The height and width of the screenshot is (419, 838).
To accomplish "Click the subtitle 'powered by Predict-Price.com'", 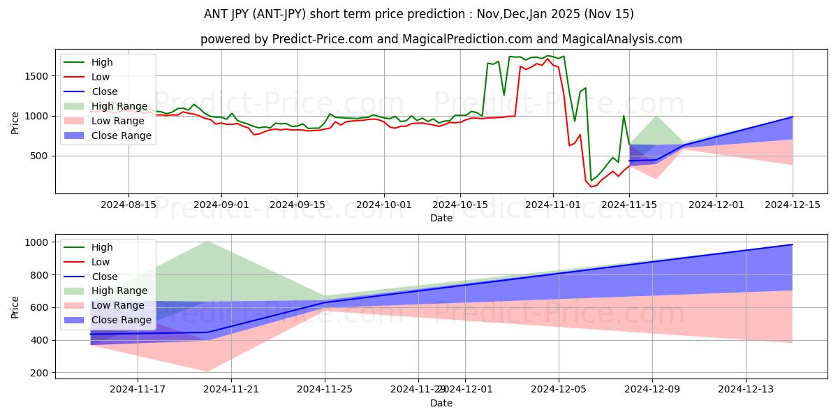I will [441, 40].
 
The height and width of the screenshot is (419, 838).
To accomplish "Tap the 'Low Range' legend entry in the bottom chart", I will [119, 305].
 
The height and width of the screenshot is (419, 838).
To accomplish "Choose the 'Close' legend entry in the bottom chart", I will [105, 277].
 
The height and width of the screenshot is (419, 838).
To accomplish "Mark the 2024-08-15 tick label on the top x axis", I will [128, 205].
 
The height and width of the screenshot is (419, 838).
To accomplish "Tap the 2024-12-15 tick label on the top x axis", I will [793, 205].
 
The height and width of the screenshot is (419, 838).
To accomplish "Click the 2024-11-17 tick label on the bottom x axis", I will [138, 390].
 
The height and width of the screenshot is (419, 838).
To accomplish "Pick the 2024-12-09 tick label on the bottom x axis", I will [652, 390].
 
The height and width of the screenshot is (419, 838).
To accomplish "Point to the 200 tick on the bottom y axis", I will [39, 373].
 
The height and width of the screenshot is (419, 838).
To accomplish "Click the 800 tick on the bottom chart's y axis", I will [39, 275].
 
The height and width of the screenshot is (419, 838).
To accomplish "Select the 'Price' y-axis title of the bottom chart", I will [15, 307].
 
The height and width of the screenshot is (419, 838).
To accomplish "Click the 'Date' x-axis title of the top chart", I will [441, 218].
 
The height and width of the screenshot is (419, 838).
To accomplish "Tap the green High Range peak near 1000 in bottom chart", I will [208, 242].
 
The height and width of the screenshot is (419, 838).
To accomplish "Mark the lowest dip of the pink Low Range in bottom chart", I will [208, 371].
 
